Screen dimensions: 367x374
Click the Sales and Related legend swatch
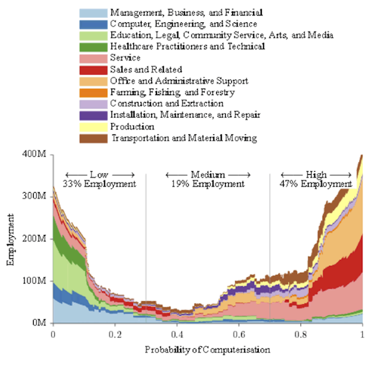point(93,69)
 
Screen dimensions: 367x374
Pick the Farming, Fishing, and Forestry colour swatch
point(93,92)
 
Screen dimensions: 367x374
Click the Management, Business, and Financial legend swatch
point(93,12)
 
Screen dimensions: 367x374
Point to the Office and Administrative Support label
point(179,81)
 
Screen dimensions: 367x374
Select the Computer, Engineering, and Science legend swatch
point(93,24)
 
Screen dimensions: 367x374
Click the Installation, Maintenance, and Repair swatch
point(93,115)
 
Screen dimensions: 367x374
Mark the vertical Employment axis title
point(10,239)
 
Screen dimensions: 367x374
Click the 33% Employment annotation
point(99,183)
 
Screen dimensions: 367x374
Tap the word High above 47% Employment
point(316,174)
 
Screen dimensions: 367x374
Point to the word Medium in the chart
point(207,174)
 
